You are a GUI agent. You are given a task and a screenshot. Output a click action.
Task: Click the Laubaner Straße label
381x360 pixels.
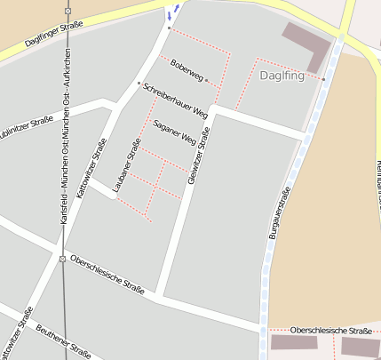pyautogui.click(x=128, y=165)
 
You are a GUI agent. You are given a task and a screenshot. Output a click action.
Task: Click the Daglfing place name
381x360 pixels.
pyautogui.click(x=282, y=76)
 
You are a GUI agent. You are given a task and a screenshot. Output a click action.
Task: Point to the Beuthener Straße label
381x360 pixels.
pyautogui.click(x=63, y=342)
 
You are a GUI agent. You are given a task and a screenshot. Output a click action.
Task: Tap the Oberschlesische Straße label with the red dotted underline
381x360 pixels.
pyautogui.click(x=330, y=331)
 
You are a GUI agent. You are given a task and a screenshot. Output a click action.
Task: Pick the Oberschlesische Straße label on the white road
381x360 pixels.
pyautogui.click(x=107, y=272)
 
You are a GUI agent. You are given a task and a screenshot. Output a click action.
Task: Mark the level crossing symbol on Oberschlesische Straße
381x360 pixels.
pyautogui.click(x=62, y=259)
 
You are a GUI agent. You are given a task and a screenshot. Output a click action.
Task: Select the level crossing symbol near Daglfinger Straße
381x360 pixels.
pyautogui.click(x=67, y=10)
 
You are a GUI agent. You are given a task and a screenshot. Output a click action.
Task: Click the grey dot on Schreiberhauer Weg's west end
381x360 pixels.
pyautogui.click(x=139, y=84)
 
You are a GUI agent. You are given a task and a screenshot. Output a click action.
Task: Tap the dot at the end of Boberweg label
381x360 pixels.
pyautogui.click(x=207, y=80)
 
